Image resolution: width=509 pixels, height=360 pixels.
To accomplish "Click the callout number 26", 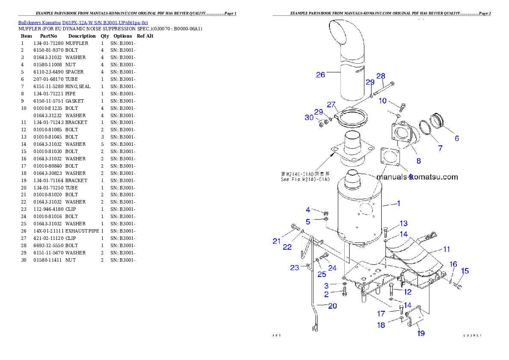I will point(320,75).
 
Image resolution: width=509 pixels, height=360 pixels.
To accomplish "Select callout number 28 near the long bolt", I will point(381,76).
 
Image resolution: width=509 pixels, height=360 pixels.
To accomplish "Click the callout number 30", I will point(309,117).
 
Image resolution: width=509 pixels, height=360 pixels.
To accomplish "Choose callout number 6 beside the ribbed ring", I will point(457,139).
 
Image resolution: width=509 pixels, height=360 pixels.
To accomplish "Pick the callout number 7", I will point(440,148).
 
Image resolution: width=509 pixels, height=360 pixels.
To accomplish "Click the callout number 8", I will point(418,161).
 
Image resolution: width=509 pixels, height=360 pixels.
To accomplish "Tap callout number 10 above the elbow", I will point(382,101).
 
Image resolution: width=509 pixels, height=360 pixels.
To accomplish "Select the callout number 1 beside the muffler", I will point(399,204).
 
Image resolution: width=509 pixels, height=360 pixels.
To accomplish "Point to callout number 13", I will point(403,223).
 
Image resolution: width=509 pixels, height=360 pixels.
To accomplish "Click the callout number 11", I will point(446,249).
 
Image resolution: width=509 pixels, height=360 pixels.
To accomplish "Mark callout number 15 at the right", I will point(465,271).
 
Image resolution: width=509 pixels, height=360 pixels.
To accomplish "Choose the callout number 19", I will point(421,333).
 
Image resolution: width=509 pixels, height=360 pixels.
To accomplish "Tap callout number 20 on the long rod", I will point(332,306).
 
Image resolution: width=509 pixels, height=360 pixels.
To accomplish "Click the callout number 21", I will point(277,241).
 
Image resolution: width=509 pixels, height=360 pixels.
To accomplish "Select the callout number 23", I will point(294,268).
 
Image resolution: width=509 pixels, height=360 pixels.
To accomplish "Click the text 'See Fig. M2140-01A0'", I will point(305,180).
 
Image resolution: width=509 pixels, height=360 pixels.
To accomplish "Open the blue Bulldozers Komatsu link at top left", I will point(83,22).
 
